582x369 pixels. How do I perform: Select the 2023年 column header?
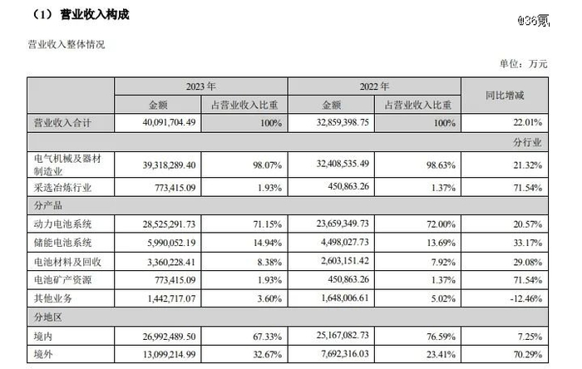[200, 86]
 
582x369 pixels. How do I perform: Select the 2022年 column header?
[374, 86]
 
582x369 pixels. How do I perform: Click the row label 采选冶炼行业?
[61, 189]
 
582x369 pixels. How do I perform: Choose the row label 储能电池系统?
[61, 243]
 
